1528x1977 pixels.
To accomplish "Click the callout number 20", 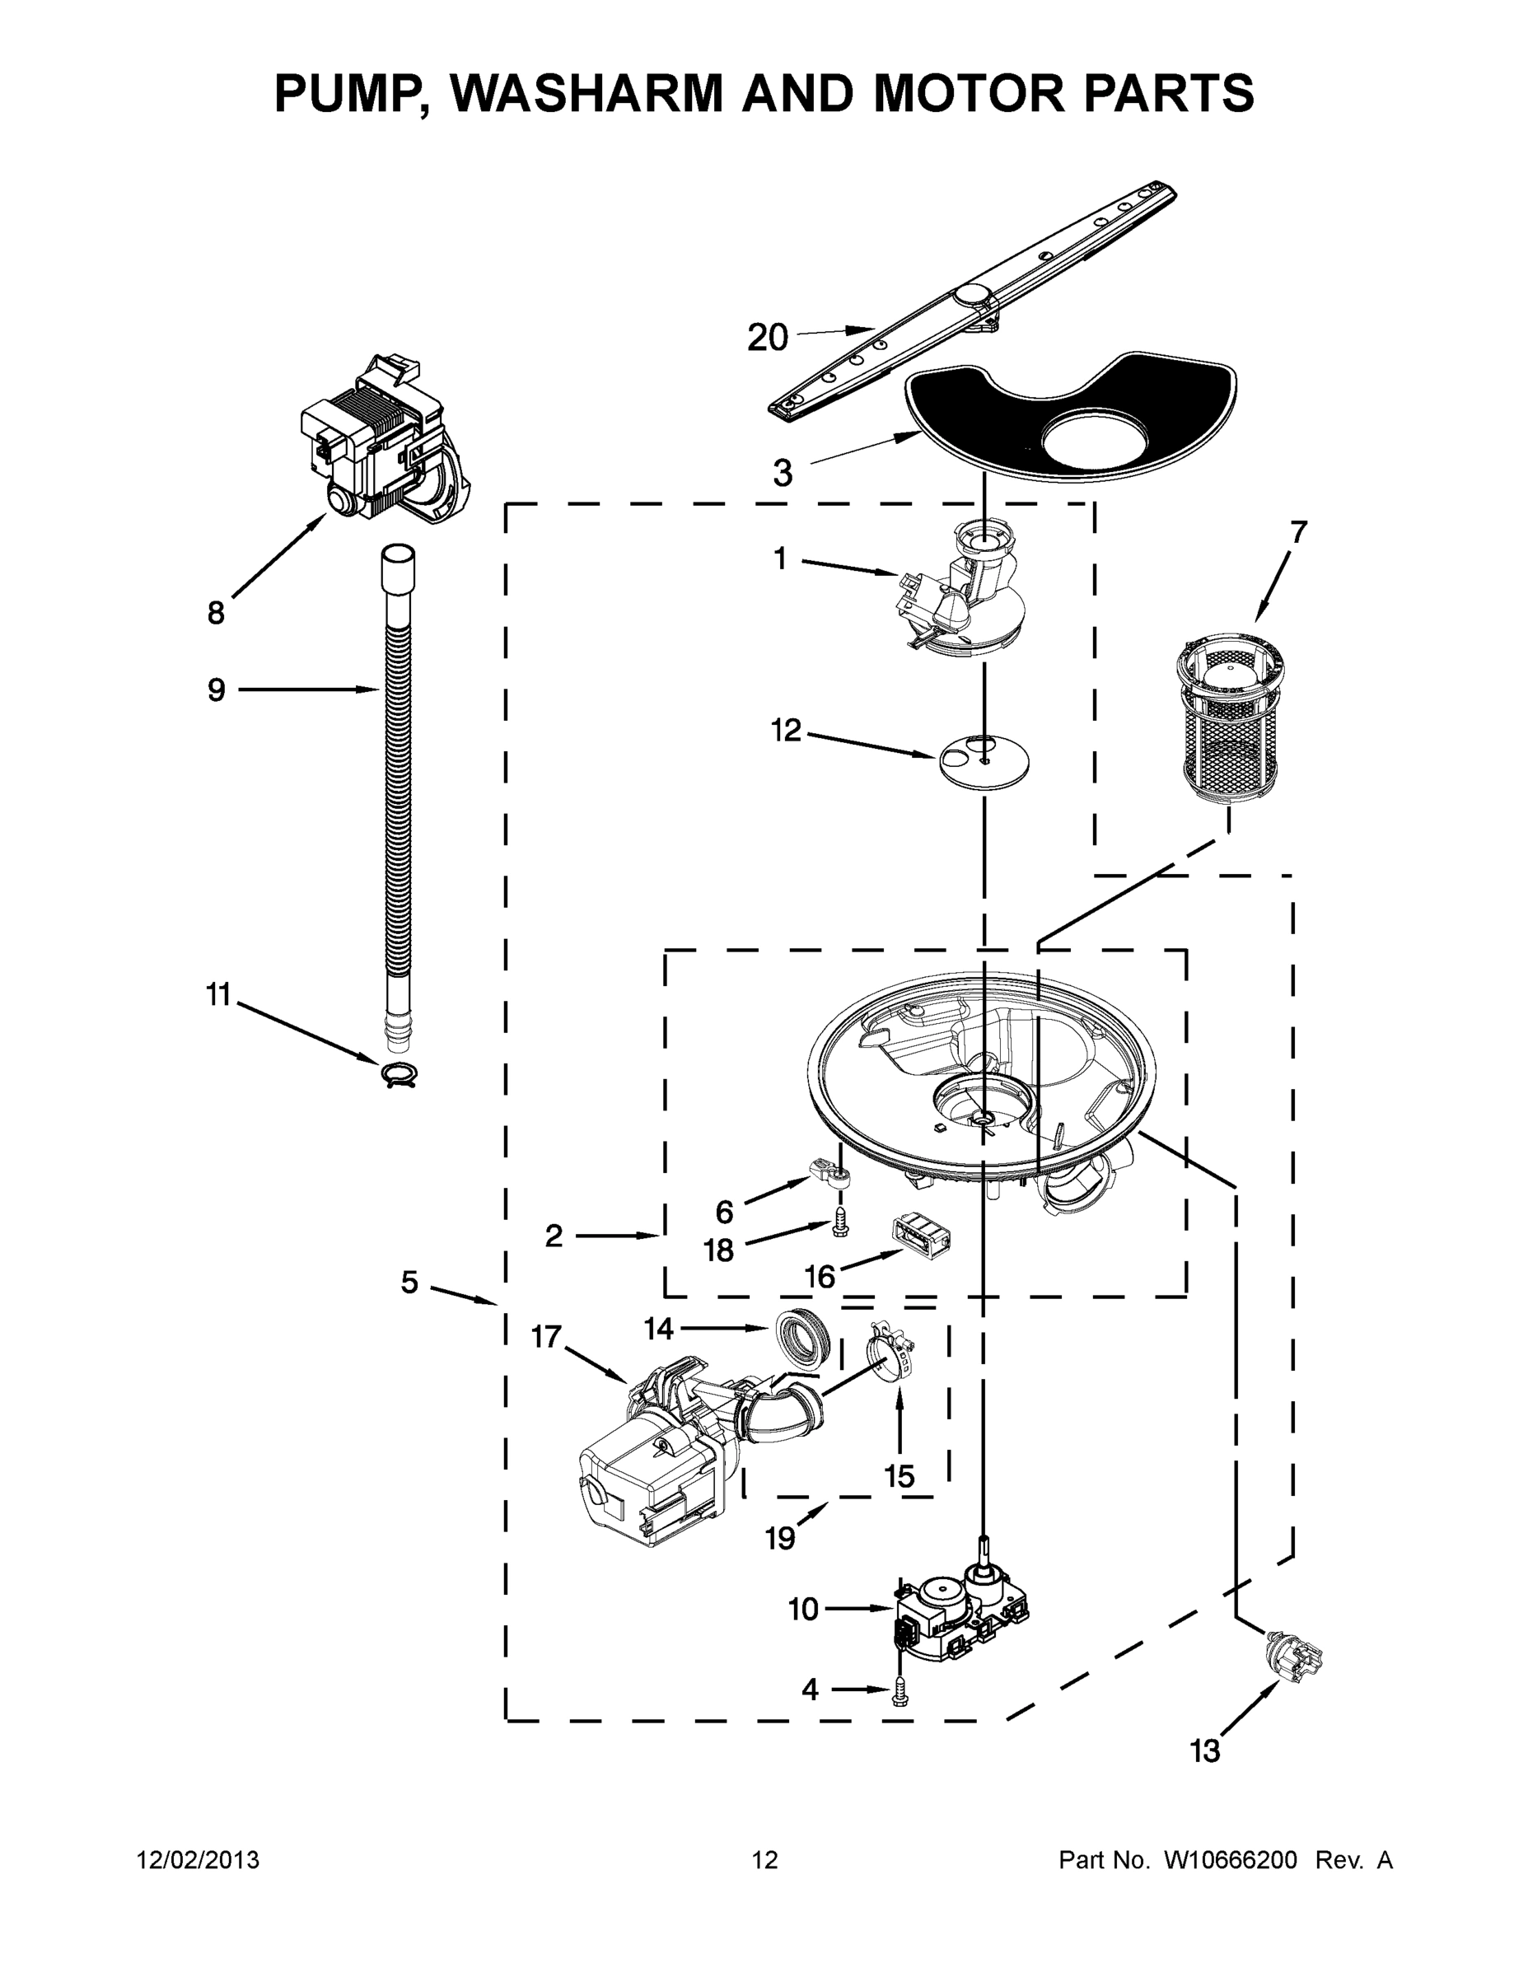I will [768, 338].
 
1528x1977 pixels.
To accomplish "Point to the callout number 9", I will [217, 690].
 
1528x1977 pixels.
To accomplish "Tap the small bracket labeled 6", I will [832, 1180].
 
